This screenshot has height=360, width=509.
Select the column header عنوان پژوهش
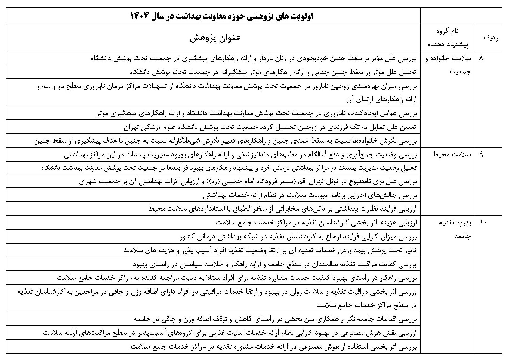215,38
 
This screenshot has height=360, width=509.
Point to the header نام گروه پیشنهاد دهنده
447,38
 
